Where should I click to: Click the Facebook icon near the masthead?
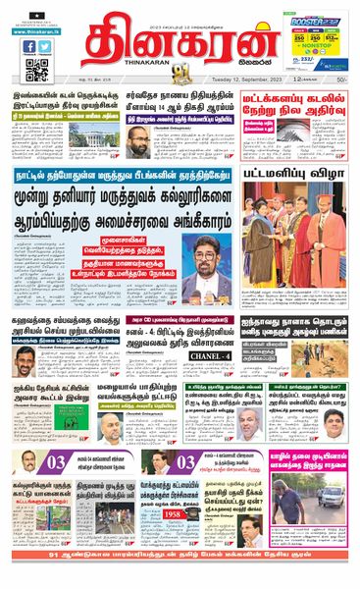[28, 46]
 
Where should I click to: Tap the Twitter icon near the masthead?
[45, 46]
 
